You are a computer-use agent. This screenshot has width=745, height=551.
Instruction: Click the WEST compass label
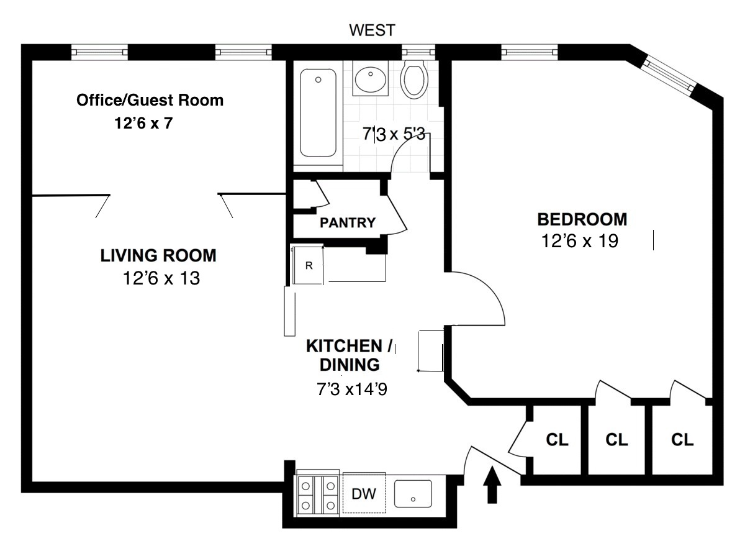pos(372,30)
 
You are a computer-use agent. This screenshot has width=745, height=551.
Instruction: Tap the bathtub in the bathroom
pos(318,113)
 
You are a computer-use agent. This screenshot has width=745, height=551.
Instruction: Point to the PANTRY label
pos(348,222)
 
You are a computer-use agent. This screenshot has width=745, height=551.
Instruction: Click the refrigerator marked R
pos(308,265)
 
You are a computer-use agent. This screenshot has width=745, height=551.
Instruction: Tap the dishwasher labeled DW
pos(364,494)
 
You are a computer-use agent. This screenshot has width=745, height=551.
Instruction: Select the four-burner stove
pos(318,494)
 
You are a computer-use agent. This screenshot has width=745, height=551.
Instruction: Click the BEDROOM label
pos(582,219)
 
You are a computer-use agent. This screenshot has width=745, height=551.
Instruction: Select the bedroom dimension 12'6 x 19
pos(580,241)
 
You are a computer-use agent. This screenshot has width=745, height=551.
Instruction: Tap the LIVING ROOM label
pos(158,255)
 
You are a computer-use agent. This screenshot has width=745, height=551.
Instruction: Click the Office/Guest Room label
pos(150,100)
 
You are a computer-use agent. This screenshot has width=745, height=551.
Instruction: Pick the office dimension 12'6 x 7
pos(143,123)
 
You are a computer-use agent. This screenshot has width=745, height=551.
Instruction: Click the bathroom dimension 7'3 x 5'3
pos(394,134)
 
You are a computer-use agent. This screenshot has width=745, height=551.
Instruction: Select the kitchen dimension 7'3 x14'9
pos(352,389)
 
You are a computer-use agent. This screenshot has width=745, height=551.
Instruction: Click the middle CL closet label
pos(616,440)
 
